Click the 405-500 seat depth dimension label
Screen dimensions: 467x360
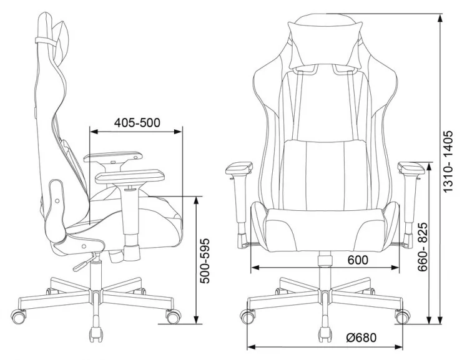pyautogui.click(x=137, y=122)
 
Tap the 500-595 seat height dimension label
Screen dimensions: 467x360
pyautogui.click(x=205, y=261)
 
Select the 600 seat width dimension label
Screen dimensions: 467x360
pyautogui.click(x=358, y=260)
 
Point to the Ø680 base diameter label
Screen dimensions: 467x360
pyautogui.click(x=361, y=338)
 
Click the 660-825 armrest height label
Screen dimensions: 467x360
pyautogui.click(x=423, y=247)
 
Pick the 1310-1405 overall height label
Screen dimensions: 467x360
pyautogui.click(x=448, y=161)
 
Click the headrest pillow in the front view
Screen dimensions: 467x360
pyautogui.click(x=325, y=45)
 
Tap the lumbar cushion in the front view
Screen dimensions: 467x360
pyautogui.click(x=325, y=175)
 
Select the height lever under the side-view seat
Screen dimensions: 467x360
pyautogui.click(x=85, y=261)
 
